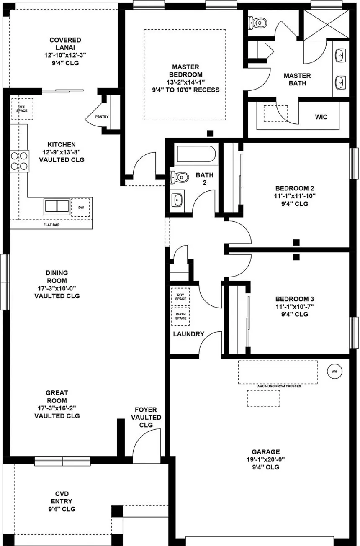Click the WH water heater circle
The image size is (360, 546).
(x=334, y=372)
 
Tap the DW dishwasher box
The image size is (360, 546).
(x=80, y=208)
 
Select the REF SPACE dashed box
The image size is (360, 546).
(x=22, y=109)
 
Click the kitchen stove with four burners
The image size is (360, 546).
(x=19, y=161)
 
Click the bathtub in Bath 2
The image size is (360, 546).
(x=196, y=154)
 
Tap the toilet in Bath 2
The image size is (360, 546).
(x=180, y=177)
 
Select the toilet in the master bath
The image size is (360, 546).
(x=257, y=23)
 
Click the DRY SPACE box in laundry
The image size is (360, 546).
(x=180, y=297)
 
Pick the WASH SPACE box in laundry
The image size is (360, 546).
(x=180, y=316)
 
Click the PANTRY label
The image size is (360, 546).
(x=102, y=117)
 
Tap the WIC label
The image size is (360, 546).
(x=321, y=117)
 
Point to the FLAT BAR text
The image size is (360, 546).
(x=51, y=225)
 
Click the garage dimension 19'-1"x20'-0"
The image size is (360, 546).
(x=266, y=460)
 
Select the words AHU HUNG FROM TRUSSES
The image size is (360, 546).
(x=279, y=386)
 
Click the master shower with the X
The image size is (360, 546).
(x=327, y=24)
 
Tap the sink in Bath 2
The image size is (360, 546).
(x=177, y=200)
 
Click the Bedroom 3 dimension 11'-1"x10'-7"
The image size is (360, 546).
(x=295, y=306)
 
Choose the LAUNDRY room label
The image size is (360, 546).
(x=188, y=334)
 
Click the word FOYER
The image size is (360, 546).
(x=146, y=410)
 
